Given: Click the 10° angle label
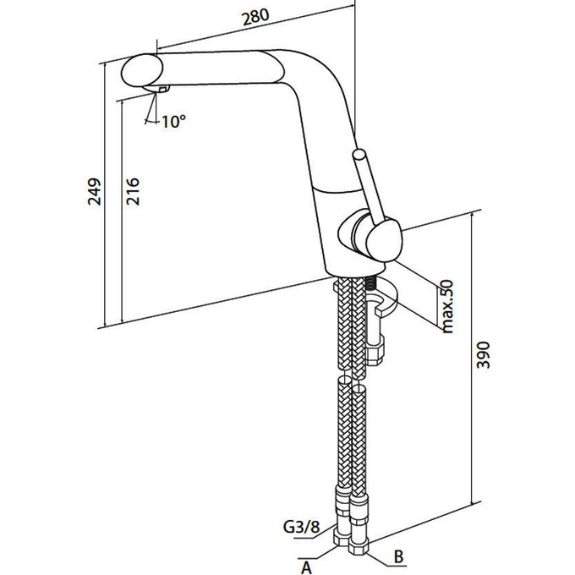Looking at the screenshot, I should pos(172,121).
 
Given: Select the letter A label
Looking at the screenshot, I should pos(308,567).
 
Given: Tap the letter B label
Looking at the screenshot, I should pos(397,558).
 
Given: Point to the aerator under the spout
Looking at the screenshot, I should pos(161,90).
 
